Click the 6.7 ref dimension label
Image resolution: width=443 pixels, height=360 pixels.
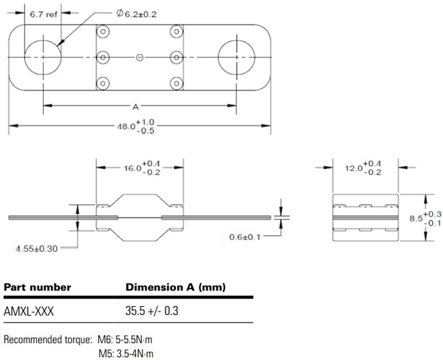pos(42,14)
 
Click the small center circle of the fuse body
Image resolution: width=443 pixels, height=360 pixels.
pos(139,58)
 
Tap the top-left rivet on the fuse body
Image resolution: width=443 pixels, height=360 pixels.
pos(103,32)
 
